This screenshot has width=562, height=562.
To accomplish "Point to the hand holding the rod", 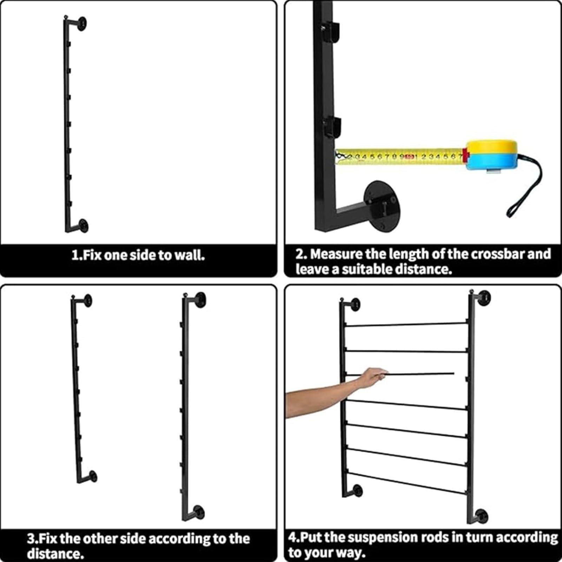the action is pos(372,378).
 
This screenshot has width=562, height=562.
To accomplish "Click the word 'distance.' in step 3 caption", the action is pos(55,554).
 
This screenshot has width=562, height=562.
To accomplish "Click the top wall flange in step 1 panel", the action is pos(82,23).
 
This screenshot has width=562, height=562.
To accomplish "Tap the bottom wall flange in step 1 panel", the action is pos(83,225).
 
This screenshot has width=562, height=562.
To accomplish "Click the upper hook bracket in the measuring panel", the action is pos(331,31).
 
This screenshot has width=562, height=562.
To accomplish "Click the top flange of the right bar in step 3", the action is pos(200,300).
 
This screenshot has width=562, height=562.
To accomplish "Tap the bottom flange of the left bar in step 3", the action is pos(93,476).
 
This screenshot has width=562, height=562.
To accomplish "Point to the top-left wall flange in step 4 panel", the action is pos(355,305).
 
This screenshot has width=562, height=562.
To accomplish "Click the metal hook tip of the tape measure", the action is pos(340,156).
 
